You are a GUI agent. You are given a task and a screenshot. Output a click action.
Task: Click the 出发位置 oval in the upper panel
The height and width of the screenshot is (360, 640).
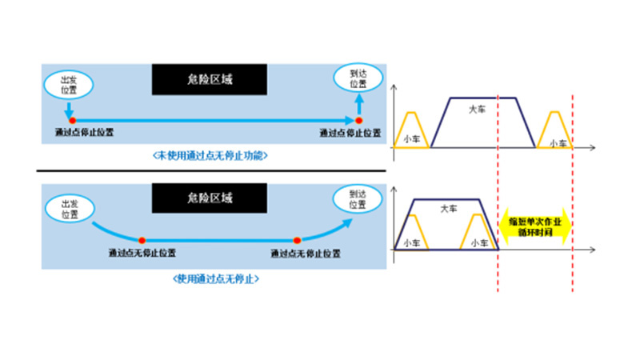tap(70, 83)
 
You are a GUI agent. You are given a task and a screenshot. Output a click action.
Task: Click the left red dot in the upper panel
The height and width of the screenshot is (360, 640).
tap(70, 121)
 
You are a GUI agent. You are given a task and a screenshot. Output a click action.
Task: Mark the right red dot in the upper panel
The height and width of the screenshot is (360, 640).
tap(359, 121)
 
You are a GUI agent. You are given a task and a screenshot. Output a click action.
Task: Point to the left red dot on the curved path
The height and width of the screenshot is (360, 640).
tap(142, 240)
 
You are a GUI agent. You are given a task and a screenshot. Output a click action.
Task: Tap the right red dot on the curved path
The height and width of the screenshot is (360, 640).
tap(297, 240)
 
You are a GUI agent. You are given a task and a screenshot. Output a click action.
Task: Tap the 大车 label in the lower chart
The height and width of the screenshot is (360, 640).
tap(449, 209)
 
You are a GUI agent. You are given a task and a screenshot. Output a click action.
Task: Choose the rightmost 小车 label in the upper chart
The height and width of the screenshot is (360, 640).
tap(558, 142)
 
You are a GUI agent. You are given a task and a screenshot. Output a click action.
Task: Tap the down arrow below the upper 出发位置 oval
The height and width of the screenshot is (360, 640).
tap(70, 108)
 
